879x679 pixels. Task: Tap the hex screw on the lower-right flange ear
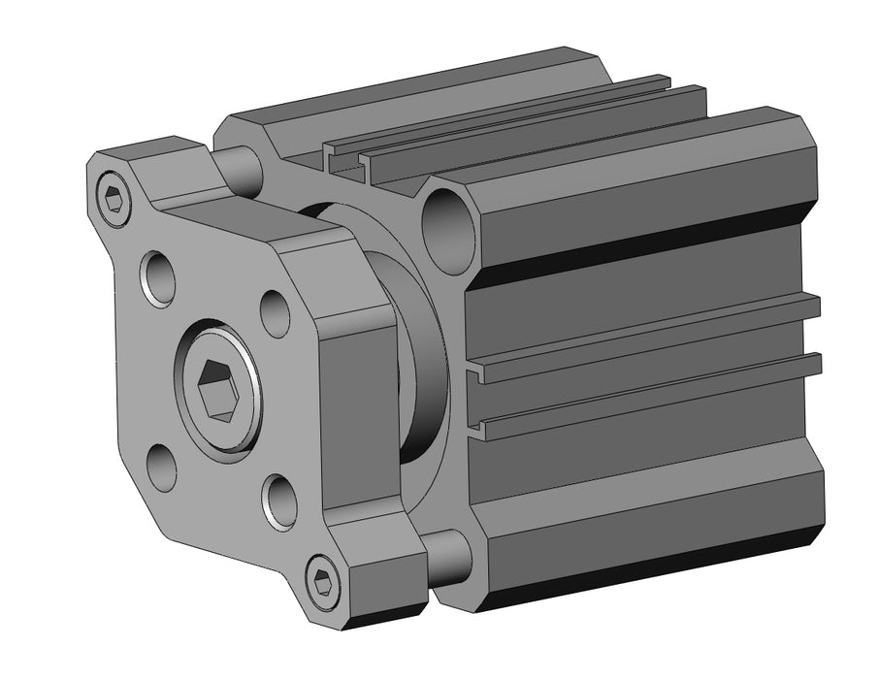(324, 582)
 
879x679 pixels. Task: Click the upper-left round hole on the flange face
(158, 277)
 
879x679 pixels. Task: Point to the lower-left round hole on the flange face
(161, 468)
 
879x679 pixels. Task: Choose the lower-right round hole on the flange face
(278, 501)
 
